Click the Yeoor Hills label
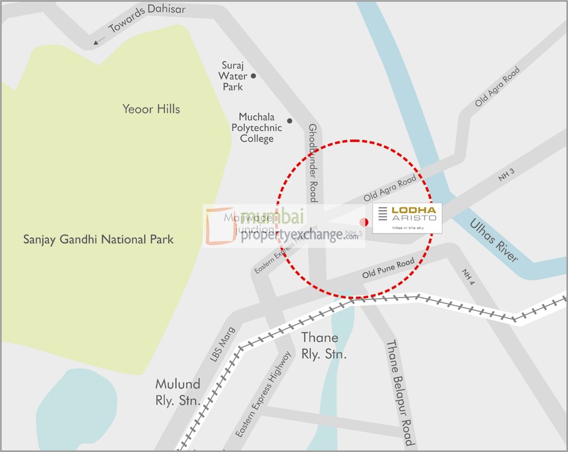(151, 109)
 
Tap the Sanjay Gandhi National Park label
(98, 239)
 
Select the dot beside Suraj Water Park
(254, 76)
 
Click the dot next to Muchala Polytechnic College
(290, 121)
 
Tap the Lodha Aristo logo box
(407, 218)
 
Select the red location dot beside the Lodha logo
(364, 222)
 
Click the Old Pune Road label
(388, 269)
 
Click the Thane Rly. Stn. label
(320, 346)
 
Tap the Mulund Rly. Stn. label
(178, 392)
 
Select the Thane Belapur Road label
(399, 392)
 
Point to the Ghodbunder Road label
(312, 163)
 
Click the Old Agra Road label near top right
(497, 87)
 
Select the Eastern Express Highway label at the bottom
(264, 394)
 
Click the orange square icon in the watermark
(221, 226)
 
